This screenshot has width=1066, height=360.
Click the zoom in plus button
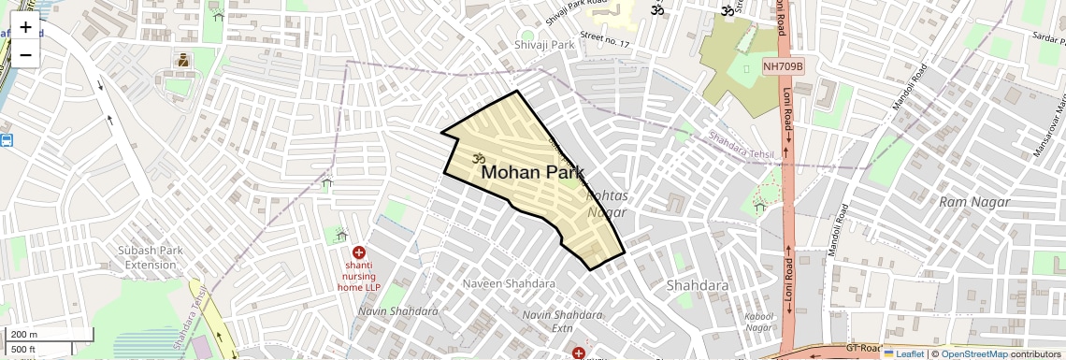(x=25, y=26)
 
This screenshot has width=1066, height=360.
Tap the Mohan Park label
(x=532, y=173)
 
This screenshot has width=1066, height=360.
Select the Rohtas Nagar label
(x=606, y=205)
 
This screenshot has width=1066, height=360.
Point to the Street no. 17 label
(x=605, y=40)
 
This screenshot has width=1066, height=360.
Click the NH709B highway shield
(x=783, y=65)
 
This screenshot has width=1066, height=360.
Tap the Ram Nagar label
(x=974, y=202)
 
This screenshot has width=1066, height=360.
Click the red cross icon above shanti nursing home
(x=358, y=252)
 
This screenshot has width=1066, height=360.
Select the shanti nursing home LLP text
(x=364, y=276)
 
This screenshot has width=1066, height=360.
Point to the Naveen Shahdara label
(x=509, y=283)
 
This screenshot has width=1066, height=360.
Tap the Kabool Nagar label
(x=758, y=322)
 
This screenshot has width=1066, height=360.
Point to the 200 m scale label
(x=23, y=335)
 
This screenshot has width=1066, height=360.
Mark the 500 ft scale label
(x=23, y=350)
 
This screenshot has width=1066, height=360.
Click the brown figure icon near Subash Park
(x=182, y=62)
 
